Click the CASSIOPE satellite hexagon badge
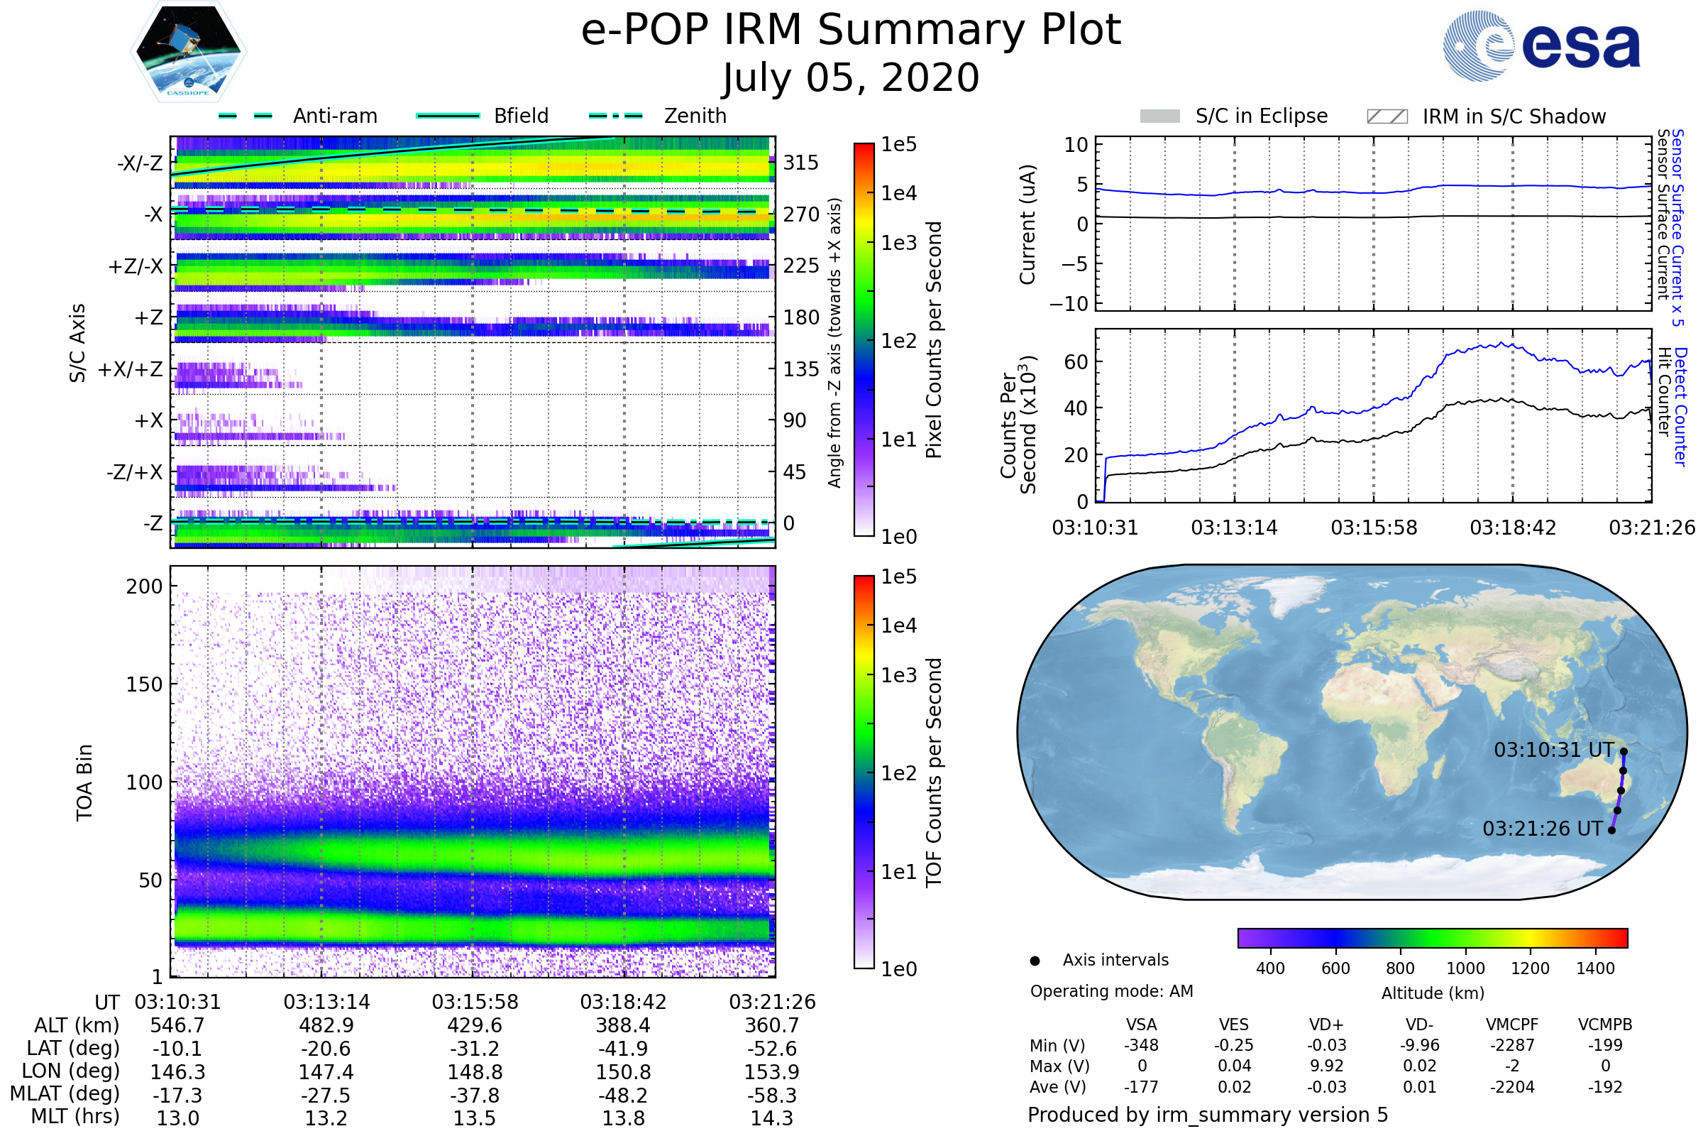[188, 51]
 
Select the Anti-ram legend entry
[334, 116]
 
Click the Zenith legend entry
[695, 116]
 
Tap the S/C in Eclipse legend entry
[1261, 116]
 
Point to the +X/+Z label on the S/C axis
[131, 369]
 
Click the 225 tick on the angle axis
[801, 266]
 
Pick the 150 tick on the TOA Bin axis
[144, 684]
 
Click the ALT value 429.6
[474, 1025]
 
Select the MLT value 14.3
[771, 1118]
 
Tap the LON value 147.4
[326, 1071]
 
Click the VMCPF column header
[1512, 1025]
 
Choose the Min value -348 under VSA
[1141, 1045]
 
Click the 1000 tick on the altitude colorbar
[1465, 968]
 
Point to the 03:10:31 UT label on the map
[1554, 750]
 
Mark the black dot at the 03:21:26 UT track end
[1611, 830]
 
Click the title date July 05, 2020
[851, 77]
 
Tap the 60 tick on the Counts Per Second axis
[1076, 361]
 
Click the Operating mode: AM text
[1111, 991]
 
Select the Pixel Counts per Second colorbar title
[934, 339]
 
